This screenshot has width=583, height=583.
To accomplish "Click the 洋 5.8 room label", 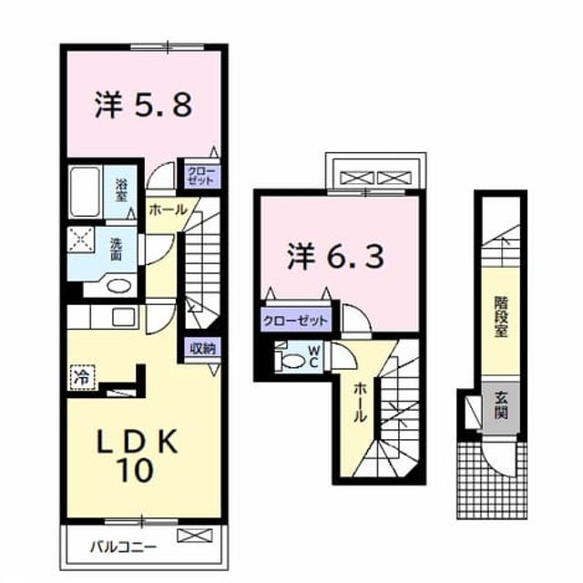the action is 144,105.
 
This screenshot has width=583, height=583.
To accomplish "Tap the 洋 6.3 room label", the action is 335,256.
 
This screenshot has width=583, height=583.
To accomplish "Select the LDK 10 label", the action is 136,455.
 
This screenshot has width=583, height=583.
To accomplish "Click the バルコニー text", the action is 124,547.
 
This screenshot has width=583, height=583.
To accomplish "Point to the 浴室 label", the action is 121,190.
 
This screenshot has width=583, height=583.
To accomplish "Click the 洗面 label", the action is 117,249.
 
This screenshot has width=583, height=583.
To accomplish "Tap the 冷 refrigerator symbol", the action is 82,377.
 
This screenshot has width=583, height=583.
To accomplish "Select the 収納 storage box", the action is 202,349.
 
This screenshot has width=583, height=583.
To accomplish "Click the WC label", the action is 313,357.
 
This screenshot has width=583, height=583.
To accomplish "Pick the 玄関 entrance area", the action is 501,407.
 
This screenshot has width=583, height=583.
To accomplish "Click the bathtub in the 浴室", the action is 85,191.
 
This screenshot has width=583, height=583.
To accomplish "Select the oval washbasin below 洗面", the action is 118,286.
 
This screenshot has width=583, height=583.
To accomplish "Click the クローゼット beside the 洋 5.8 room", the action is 201,176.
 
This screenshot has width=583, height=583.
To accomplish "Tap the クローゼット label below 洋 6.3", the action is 296,321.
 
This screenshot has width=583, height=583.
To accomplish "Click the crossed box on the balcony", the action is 195,536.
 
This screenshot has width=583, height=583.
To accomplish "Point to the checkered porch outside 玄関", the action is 492,480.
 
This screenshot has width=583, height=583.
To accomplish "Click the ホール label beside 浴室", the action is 168,210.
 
